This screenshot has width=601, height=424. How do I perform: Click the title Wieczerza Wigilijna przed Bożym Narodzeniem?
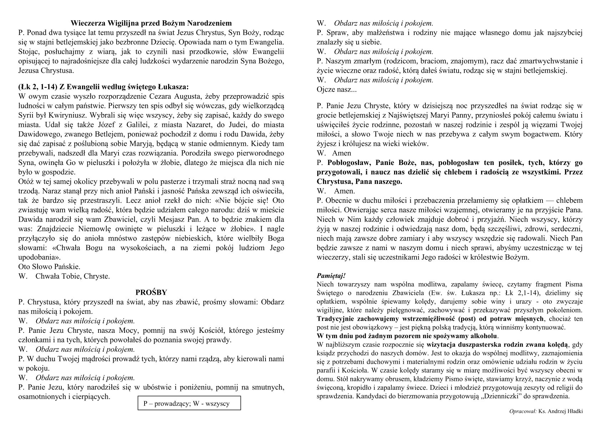tap(151, 24)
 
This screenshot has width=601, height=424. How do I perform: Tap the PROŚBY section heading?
tap(151, 293)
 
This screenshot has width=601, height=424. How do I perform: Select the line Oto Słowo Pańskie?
tap(49, 267)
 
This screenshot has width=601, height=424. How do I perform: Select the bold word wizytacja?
tap(443, 345)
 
